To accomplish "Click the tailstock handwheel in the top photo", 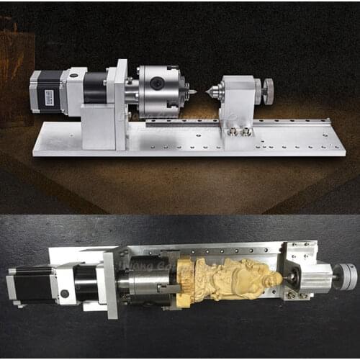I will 267,91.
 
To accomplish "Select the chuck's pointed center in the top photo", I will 189,92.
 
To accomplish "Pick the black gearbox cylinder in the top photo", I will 94,88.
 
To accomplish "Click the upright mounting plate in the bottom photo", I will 112,284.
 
